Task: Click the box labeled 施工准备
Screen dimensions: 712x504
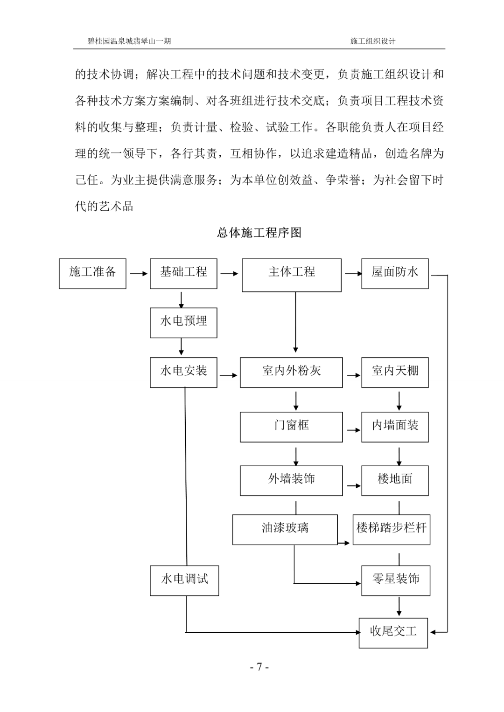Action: [92, 274]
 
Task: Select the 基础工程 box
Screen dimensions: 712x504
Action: [183, 274]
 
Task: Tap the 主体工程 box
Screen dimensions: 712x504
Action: [292, 275]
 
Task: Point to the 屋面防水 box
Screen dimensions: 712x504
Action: [395, 274]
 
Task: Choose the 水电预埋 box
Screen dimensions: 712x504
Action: [183, 323]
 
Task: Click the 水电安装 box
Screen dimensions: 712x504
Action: [183, 372]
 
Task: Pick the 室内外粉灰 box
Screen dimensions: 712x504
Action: [291, 372]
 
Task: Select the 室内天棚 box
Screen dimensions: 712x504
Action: [395, 372]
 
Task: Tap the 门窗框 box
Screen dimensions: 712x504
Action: [291, 427]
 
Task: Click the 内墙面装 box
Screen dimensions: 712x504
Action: [395, 427]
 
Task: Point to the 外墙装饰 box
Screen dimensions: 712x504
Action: [291, 480]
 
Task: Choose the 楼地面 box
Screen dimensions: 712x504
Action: [395, 480]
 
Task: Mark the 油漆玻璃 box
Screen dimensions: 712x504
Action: [285, 530]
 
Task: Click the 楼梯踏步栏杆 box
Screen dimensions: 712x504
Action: [391, 530]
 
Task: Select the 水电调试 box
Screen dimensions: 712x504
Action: [184, 581]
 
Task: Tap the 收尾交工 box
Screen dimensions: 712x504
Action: [393, 633]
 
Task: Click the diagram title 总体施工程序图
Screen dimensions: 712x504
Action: [259, 233]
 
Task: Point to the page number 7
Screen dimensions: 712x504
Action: [259, 667]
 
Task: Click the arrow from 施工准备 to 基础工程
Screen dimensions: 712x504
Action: [138, 274]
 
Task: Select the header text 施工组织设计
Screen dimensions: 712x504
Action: [372, 41]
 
